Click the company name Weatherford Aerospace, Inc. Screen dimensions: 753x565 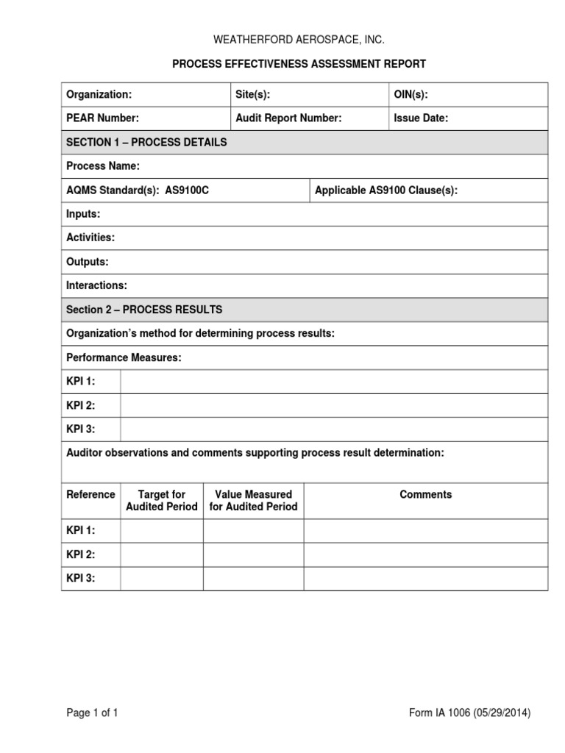(x=299, y=40)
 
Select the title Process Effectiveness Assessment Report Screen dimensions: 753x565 (x=299, y=64)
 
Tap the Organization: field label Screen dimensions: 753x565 (x=99, y=95)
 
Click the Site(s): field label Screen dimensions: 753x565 (x=258, y=95)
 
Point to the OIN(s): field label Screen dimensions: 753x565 (x=411, y=95)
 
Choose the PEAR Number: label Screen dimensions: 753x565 (x=102, y=118)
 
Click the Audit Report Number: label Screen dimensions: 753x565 (x=288, y=118)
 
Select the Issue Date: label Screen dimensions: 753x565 (x=421, y=118)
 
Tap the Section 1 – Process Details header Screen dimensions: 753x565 (x=146, y=142)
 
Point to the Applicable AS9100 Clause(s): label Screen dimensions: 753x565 (x=386, y=190)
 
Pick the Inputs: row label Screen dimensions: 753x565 (x=83, y=214)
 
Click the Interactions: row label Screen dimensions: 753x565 (x=96, y=285)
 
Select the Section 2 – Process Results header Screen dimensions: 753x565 (x=144, y=310)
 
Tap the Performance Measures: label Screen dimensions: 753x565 (x=124, y=357)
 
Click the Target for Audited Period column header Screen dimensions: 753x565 (x=162, y=501)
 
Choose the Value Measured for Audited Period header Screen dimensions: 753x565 (x=253, y=501)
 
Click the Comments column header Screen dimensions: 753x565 (x=425, y=495)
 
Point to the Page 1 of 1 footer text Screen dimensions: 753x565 (x=92, y=713)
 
